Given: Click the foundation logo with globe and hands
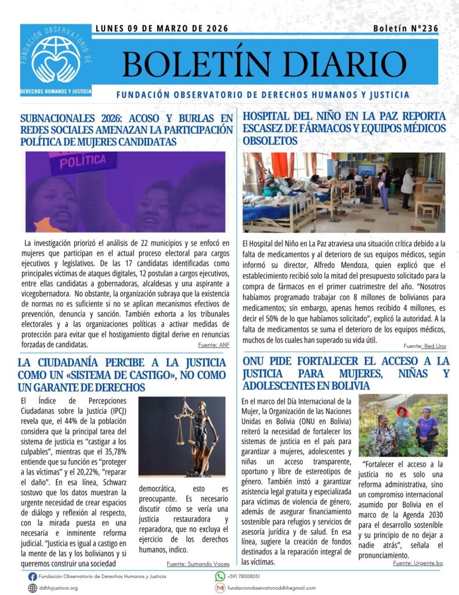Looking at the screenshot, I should [56, 59].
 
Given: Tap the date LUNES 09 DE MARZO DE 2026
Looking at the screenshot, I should [161, 28].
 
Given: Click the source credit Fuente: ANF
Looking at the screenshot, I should [211, 345].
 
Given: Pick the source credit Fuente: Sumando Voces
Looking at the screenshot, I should [198, 564].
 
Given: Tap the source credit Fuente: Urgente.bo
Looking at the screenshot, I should [418, 563].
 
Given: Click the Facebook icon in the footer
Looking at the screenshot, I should [32, 576].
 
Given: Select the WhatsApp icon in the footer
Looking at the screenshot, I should [220, 576].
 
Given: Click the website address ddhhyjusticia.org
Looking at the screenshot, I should [58, 588].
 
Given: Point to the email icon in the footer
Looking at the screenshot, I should [220, 588].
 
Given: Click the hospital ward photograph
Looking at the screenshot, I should [344, 192].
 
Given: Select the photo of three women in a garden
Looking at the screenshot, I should [403, 425].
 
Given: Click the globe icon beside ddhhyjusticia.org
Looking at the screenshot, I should [32, 588].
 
